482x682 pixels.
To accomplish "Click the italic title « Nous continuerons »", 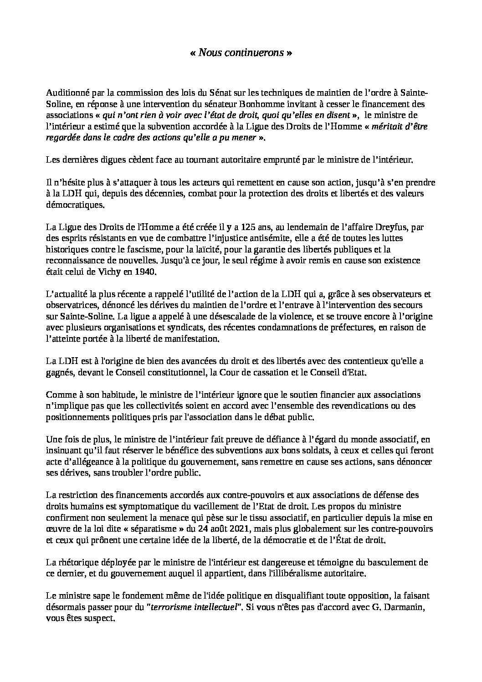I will pyautogui.click(x=241, y=53).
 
